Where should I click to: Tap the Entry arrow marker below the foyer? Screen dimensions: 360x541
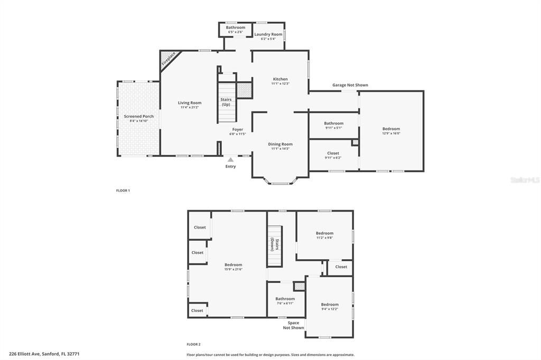230,159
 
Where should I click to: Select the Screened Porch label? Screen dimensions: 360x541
138,116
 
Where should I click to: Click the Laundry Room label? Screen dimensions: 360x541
268,34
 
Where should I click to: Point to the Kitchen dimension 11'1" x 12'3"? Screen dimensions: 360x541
280,83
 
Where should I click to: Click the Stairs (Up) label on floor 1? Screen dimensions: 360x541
226,101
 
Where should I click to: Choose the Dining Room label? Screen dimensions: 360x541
280,144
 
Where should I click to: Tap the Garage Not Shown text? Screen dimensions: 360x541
350,85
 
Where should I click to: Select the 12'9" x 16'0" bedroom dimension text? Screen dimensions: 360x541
391,133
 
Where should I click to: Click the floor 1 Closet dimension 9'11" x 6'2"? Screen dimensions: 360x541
333,157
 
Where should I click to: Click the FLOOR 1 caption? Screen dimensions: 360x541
123,190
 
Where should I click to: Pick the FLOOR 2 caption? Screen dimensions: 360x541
193,344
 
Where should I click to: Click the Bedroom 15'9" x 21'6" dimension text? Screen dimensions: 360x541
233,269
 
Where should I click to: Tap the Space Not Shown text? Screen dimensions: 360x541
293,325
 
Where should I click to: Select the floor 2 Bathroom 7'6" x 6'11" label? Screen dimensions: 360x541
285,299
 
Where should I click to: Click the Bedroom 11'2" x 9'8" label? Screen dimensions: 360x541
324,233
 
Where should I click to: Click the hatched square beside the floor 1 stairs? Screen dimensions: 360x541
244,90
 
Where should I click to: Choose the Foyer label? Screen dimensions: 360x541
238,129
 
